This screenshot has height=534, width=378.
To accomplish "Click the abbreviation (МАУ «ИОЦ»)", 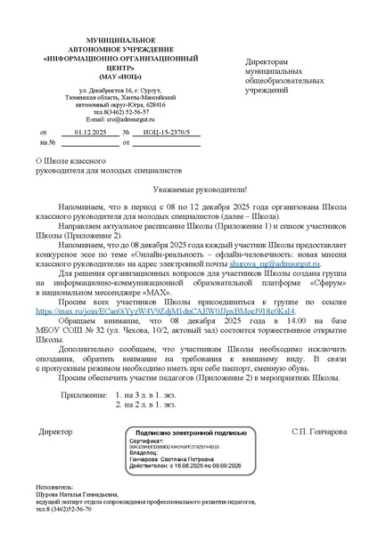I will tap(109, 76).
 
